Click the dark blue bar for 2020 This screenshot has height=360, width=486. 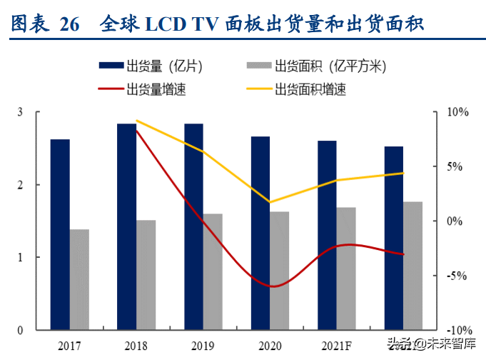click(x=260, y=233)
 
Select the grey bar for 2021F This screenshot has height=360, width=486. click(x=346, y=269)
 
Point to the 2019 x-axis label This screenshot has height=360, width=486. click(x=203, y=345)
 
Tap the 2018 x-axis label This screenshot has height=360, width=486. click(x=136, y=345)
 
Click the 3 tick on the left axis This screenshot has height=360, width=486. click(x=20, y=112)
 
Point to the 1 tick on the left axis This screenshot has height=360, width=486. click(x=20, y=257)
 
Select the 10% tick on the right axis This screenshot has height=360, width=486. click(x=457, y=113)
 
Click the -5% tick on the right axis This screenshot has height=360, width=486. click(x=457, y=276)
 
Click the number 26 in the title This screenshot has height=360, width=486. click(x=69, y=25)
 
